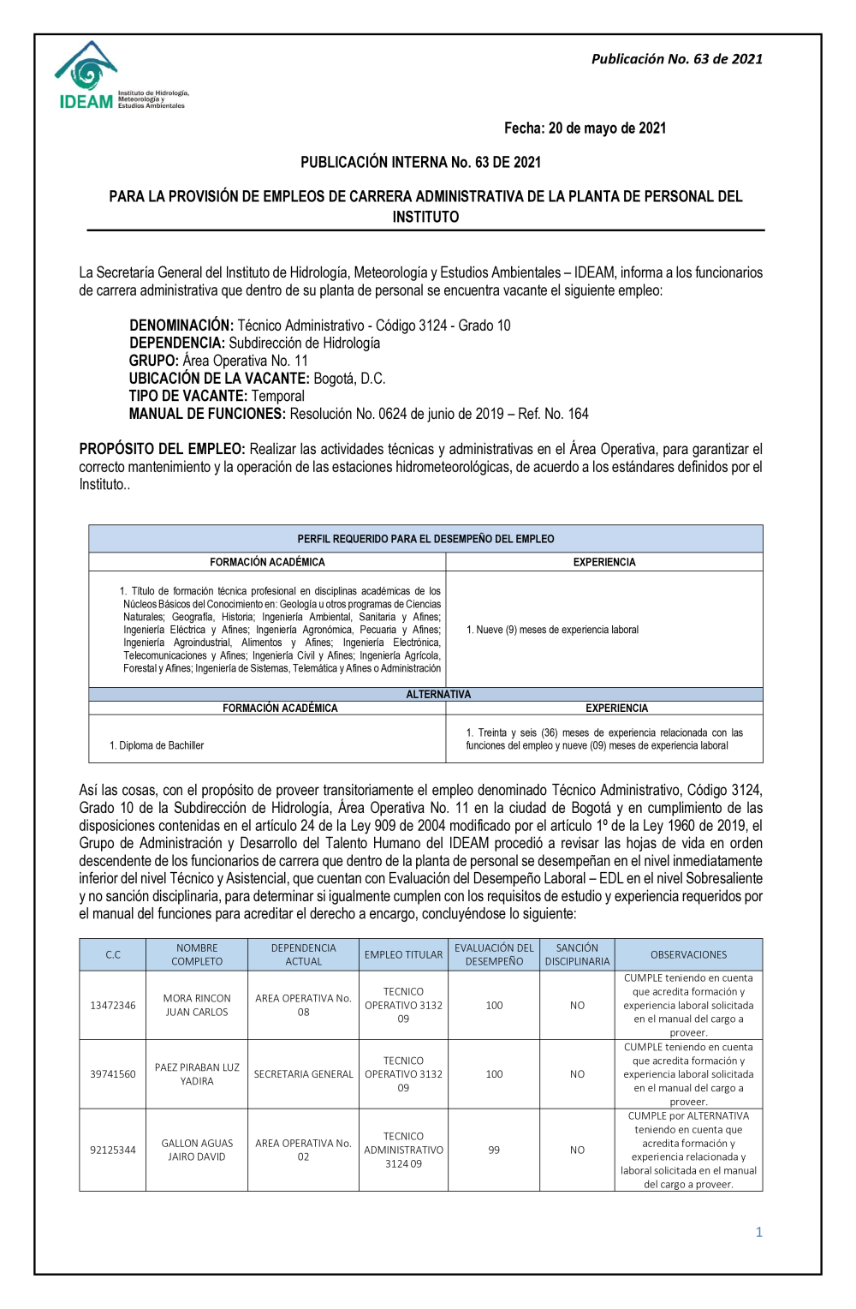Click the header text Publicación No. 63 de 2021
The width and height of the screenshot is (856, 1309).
[676, 59]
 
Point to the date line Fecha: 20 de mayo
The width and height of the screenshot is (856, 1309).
[585, 129]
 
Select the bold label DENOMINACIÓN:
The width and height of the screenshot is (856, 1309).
[181, 326]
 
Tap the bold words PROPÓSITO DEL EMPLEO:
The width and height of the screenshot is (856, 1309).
[163, 449]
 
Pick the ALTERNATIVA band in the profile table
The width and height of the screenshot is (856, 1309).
[438, 694]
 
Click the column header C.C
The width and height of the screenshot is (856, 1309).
[113, 954]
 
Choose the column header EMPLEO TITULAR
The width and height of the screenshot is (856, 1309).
[403, 954]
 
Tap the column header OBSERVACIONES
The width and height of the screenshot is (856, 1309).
[688, 954]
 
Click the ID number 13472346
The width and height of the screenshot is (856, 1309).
[113, 1005]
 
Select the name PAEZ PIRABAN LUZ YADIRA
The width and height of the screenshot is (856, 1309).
[197, 1074]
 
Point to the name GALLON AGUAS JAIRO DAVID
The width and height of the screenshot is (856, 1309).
[197, 1150]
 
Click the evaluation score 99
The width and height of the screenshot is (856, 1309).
[494, 1150]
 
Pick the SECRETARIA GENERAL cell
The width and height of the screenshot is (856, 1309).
[303, 1074]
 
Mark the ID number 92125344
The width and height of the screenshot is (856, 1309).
[113, 1150]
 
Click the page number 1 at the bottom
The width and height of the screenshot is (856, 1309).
[758, 1232]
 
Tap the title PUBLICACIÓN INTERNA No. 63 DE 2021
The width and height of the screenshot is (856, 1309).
[420, 162]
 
